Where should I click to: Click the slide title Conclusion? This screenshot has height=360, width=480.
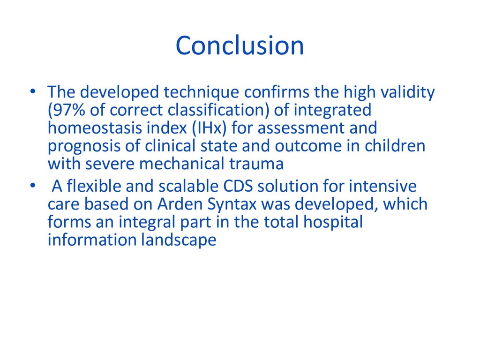click(240, 45)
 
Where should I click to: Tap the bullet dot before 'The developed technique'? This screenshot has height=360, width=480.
click(33, 91)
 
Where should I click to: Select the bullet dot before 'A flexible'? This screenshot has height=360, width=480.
click(33, 186)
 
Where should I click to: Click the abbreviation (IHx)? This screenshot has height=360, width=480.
click(209, 128)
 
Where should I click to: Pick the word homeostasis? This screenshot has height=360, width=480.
click(95, 127)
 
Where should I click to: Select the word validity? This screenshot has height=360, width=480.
click(407, 92)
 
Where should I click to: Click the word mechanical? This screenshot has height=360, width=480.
click(181, 164)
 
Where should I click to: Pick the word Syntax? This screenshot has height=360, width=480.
click(232, 204)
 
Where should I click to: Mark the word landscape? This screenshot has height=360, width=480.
click(179, 240)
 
